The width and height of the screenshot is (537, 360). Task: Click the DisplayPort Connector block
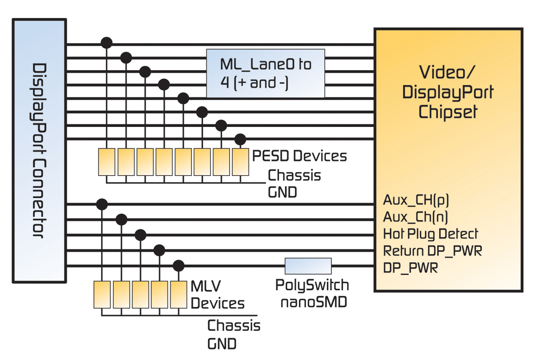pos(39,151)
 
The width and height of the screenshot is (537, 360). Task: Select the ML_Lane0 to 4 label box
pos(265,73)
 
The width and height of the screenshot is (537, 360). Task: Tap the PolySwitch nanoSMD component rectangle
pos(308,266)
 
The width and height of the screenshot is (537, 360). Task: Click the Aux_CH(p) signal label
pos(416,200)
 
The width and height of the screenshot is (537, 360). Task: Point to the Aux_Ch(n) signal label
pos(415,217)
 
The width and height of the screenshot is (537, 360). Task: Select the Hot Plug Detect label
pos(430,234)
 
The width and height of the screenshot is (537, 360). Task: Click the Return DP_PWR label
pos(432,251)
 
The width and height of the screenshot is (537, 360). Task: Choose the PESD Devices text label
pos(299,156)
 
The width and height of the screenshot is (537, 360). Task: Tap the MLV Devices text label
pos(217,295)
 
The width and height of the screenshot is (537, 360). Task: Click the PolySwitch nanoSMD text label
pos(312,293)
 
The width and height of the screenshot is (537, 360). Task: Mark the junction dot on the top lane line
pos(106,43)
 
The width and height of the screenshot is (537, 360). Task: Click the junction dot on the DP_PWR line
pos(179,266)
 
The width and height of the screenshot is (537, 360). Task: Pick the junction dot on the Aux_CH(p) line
pos(102,205)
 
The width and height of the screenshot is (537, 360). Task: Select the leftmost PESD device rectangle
pos(106,162)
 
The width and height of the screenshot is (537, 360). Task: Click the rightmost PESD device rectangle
pos(240,162)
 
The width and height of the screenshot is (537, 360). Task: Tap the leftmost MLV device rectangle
pos(102,294)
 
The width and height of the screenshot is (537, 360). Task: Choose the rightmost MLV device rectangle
pos(179,294)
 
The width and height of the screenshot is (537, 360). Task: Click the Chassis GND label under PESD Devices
pos(294,184)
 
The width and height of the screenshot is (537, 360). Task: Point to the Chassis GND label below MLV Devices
pos(233,334)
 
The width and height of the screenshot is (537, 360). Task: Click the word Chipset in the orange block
pos(448,112)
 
